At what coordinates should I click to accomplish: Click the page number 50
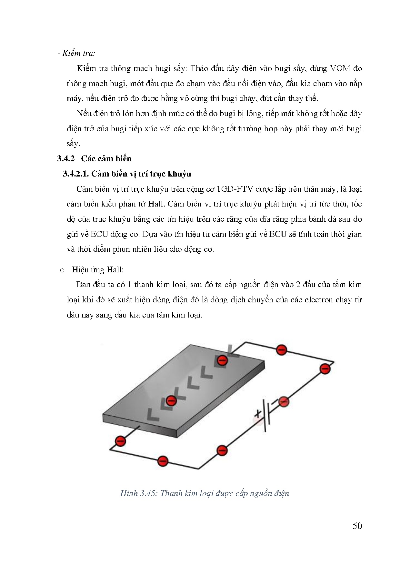[x=357, y=526]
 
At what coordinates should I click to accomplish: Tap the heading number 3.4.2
[x=66, y=158]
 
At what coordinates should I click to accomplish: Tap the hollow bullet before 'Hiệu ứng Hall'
[x=62, y=270]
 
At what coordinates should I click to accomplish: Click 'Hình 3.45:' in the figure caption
[x=138, y=493]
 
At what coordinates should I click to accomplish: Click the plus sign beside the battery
[x=258, y=414]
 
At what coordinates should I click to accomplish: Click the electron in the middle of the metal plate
[x=171, y=401]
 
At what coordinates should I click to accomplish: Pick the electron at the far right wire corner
[x=325, y=368]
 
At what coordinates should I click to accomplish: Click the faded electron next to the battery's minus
[x=284, y=402]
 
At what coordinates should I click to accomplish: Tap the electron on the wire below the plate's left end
[x=120, y=441]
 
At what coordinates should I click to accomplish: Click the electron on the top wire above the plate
[x=281, y=349]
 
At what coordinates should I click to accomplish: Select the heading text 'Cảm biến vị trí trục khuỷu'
[x=141, y=174]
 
